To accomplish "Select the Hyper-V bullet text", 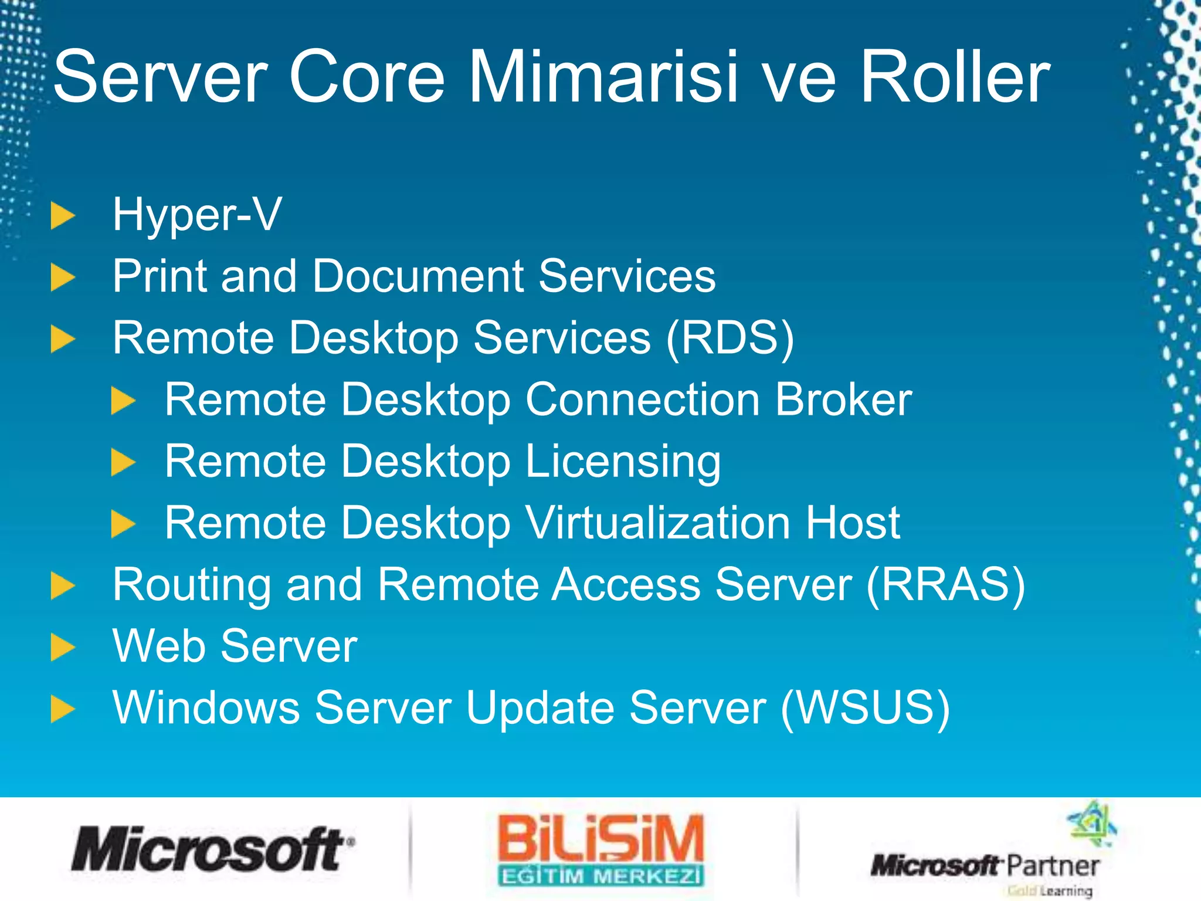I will pos(197,215).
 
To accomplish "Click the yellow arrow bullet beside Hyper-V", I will pos(63,215).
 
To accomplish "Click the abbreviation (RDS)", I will pos(730,338).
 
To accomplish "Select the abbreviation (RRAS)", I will pos(945,585).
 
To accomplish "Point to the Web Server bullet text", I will pos(235,646).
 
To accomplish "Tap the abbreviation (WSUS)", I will pos(866,708).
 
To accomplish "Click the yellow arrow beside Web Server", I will pos(63,647).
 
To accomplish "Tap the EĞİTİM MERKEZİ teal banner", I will pos(600,876).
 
